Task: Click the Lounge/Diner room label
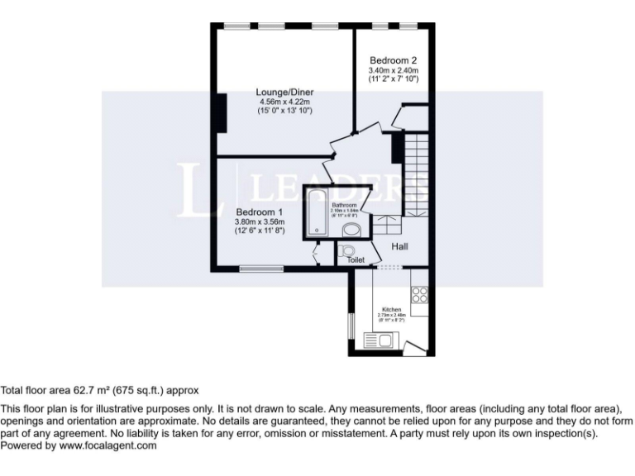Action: click(x=284, y=91)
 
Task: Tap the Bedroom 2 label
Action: click(x=393, y=60)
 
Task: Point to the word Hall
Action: click(x=399, y=246)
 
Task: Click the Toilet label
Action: click(x=356, y=259)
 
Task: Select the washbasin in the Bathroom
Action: click(x=351, y=229)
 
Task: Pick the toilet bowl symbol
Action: click(x=347, y=250)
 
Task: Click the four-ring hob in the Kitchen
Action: click(x=418, y=293)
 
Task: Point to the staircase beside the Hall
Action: click(x=417, y=174)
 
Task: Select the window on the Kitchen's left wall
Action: click(x=350, y=326)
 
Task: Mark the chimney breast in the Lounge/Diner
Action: click(x=221, y=112)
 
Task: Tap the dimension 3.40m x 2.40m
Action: click(x=393, y=70)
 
